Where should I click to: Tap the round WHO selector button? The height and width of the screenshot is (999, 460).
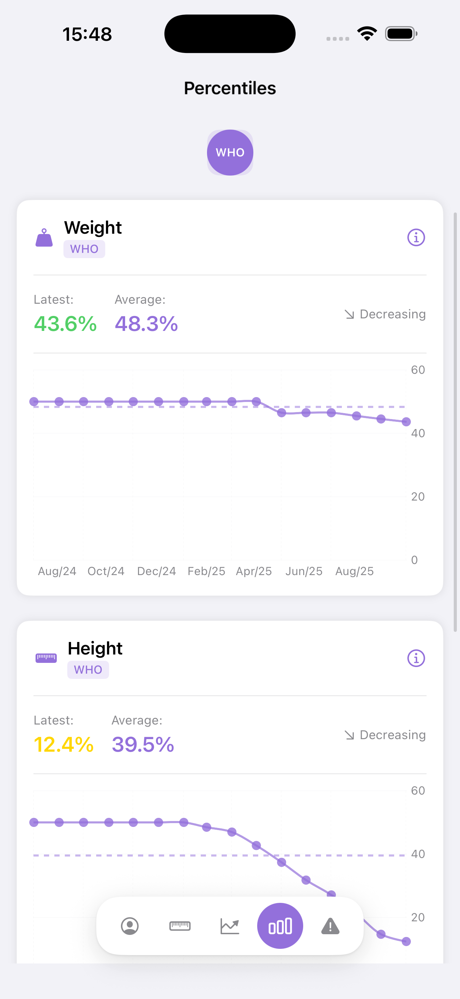(x=230, y=153)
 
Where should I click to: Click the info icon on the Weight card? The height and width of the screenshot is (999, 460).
(x=416, y=237)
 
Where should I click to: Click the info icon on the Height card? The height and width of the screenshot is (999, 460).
(x=416, y=658)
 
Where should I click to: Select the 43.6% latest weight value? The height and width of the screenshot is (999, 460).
(x=65, y=324)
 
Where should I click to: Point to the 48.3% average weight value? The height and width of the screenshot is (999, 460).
(x=146, y=324)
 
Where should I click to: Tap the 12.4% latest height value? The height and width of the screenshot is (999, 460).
(x=64, y=744)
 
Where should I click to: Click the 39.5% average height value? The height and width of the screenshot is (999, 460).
(x=143, y=744)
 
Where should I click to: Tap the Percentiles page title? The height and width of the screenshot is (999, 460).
(x=230, y=88)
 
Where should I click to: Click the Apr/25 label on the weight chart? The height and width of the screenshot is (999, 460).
(x=254, y=571)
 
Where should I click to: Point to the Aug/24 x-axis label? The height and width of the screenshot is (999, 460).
(x=57, y=571)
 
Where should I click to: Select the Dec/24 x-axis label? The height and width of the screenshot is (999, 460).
(x=156, y=571)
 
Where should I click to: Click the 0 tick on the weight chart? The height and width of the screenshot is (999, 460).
(x=414, y=560)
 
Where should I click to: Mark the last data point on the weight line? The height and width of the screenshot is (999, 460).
(x=406, y=421)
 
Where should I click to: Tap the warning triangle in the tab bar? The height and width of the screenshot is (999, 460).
(x=330, y=926)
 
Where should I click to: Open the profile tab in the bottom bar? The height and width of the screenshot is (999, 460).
(x=130, y=926)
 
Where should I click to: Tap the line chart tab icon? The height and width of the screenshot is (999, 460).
(x=230, y=926)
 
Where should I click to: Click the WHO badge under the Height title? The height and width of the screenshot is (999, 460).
(x=88, y=670)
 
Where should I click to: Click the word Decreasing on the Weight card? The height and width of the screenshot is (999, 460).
(x=392, y=314)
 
